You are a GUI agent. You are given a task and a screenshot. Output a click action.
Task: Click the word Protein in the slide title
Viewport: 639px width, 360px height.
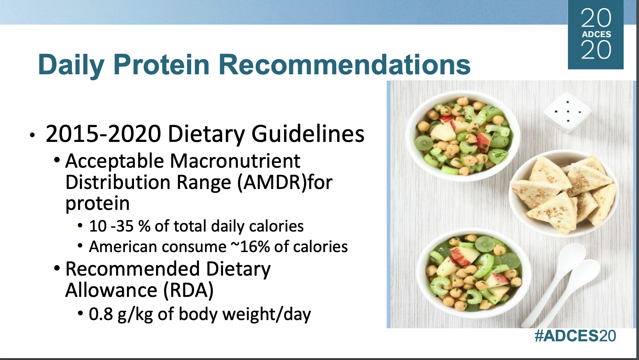click(x=162, y=65)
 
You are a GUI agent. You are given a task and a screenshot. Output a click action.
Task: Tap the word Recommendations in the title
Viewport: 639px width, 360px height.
click(x=345, y=65)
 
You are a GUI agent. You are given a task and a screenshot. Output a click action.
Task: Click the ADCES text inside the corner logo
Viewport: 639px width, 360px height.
click(x=596, y=34)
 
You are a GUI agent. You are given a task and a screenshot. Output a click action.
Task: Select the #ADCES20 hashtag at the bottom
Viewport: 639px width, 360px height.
click(x=575, y=336)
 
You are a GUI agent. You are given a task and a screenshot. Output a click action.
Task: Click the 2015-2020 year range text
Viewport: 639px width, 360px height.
click(x=103, y=134)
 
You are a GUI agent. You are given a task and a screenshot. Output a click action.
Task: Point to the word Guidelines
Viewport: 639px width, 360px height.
click(x=308, y=134)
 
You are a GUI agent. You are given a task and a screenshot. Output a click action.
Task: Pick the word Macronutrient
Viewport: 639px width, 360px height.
click(x=235, y=161)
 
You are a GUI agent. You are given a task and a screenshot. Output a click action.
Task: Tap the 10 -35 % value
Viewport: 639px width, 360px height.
click(x=119, y=226)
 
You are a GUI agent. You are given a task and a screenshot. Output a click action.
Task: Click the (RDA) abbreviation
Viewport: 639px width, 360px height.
click(x=188, y=290)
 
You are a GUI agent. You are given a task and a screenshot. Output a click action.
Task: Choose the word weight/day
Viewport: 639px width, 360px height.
click(x=266, y=314)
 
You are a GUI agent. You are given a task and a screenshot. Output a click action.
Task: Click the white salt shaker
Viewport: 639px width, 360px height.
click(x=567, y=112)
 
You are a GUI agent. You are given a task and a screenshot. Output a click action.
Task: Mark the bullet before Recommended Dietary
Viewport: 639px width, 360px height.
click(x=57, y=269)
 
